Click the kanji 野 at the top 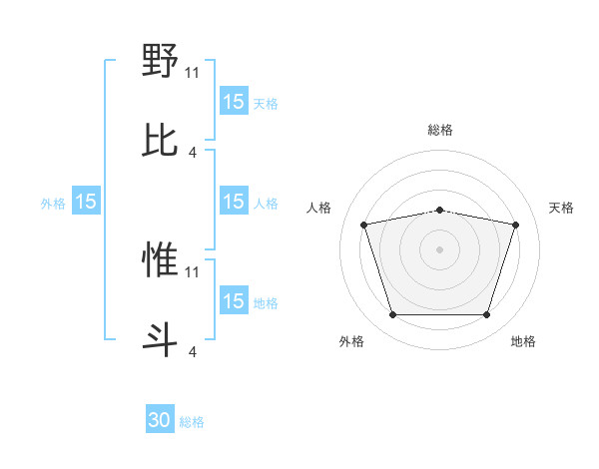(160, 62)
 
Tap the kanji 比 (160, 141)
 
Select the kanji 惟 (160, 260)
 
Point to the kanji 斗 (160, 339)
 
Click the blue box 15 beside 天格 (233, 102)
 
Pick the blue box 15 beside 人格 (233, 202)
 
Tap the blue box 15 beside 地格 (233, 301)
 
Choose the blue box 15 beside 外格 (86, 202)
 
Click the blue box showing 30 (160, 420)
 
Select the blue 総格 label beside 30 (193, 422)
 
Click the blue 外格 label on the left (53, 204)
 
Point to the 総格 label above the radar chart (439, 130)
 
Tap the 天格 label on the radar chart (561, 208)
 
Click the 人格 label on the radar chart (318, 208)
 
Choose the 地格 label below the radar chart (523, 342)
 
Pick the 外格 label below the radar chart (351, 342)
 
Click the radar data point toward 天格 (515, 225)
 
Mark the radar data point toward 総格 (439, 210)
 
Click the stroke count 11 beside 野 (193, 72)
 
